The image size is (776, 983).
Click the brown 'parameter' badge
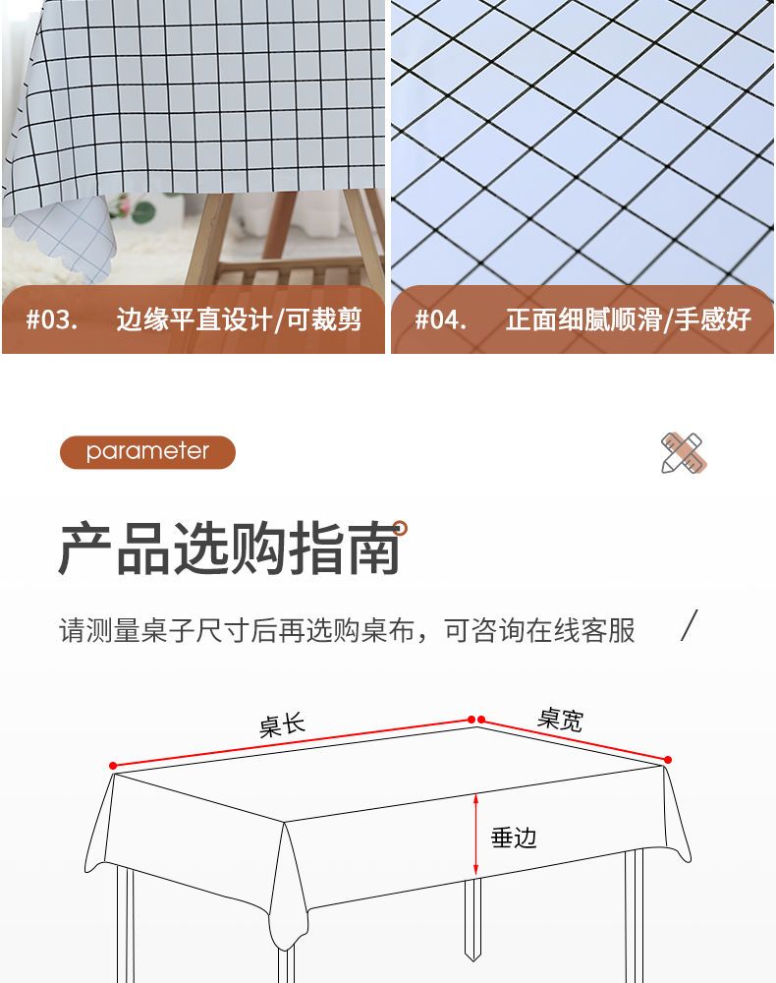click(147, 451)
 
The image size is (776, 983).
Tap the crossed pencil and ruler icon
click(684, 452)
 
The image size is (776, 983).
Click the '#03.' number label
click(52, 319)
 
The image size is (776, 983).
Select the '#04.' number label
click(441, 319)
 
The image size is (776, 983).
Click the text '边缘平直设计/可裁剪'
click(239, 319)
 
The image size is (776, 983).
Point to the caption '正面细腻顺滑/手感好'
click(629, 319)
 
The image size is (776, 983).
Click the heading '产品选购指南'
click(230, 549)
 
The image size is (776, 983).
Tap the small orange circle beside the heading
click(400, 529)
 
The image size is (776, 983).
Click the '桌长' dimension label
click(282, 724)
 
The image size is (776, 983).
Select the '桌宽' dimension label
click(560, 720)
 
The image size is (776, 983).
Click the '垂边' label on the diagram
click(514, 838)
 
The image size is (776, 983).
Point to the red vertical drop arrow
click(476, 835)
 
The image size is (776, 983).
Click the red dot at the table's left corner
click(113, 766)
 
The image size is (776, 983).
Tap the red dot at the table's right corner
click(668, 760)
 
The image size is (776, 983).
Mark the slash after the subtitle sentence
click(689, 625)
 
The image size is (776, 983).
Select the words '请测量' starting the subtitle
click(99, 630)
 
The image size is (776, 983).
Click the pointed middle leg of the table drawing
click(472, 918)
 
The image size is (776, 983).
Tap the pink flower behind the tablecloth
click(124, 205)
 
